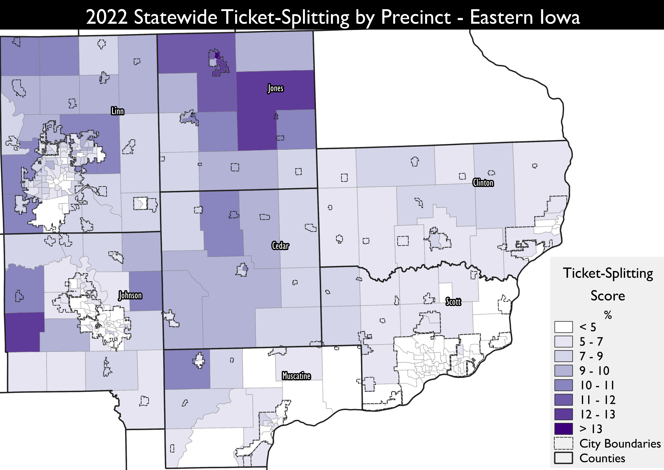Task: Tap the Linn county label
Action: (x=117, y=111)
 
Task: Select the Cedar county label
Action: (x=280, y=246)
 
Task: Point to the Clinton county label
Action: (x=483, y=183)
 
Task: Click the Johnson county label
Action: (x=130, y=295)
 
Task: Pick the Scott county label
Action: (x=453, y=302)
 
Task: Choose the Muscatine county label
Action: (x=296, y=376)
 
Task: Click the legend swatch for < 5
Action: (x=563, y=327)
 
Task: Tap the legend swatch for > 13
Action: (x=563, y=429)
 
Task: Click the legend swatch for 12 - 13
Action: (x=563, y=414)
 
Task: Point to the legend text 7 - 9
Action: (x=591, y=356)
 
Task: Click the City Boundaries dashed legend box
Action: (x=563, y=443)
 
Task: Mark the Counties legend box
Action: (x=563, y=458)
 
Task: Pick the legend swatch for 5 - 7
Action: (x=563, y=341)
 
